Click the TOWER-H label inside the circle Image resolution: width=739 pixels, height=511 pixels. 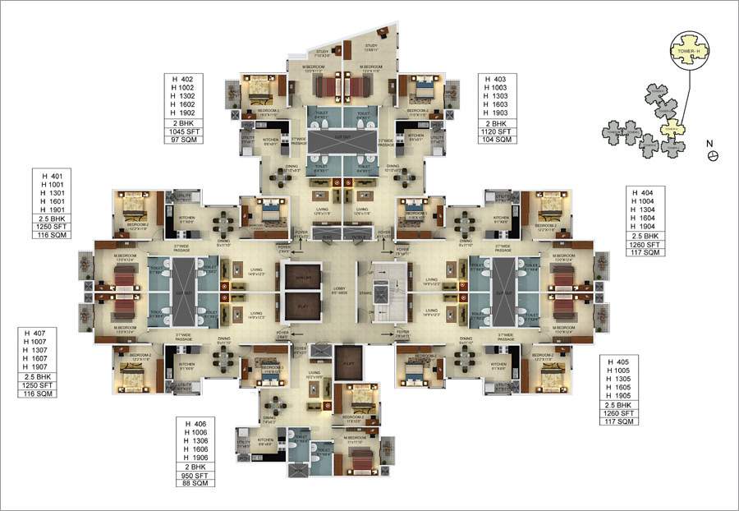(688, 48)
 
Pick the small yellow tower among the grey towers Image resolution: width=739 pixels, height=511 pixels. (671, 128)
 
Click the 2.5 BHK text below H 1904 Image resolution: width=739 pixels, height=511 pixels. (645, 235)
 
